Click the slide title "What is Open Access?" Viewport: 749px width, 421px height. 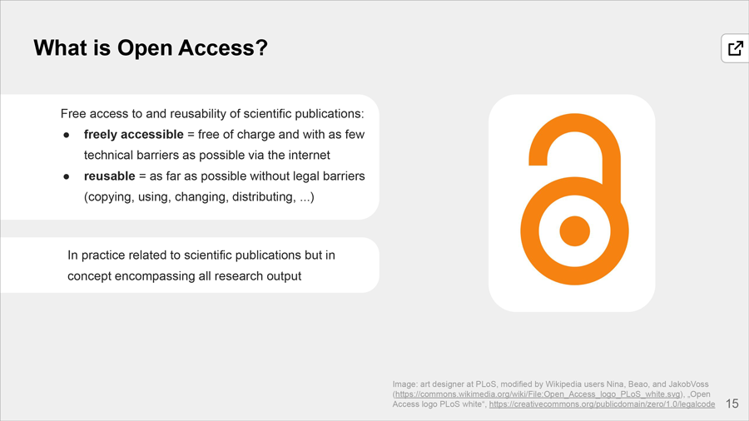[151, 48]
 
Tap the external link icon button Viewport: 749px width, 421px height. [735, 48]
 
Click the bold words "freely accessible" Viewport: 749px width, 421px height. [134, 135]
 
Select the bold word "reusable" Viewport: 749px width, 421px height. [109, 176]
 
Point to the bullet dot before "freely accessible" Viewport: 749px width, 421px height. [67, 136]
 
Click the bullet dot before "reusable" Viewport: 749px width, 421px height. [67, 177]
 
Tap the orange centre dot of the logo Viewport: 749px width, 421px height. [574, 231]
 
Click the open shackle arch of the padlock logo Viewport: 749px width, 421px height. [575, 124]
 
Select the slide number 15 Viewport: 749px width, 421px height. [732, 404]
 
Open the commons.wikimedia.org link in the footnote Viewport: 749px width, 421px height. [538, 394]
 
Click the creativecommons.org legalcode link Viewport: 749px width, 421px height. [602, 404]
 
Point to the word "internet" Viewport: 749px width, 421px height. [309, 155]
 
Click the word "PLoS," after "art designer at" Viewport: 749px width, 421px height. [487, 384]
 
